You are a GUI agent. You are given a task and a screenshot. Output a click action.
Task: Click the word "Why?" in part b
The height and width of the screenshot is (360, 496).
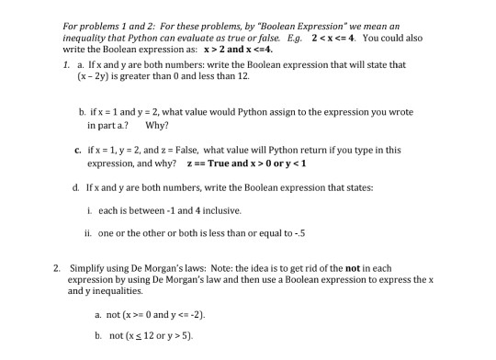pyautogui.click(x=155, y=124)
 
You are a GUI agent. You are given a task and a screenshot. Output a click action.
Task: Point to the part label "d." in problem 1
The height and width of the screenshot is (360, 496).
pyautogui.click(x=76, y=187)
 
